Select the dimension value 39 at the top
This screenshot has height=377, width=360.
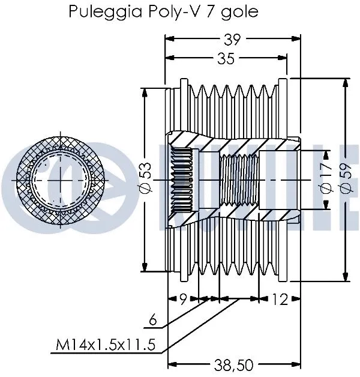coord(232,40)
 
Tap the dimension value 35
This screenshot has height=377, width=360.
coord(226,58)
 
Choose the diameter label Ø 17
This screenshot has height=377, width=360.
coord(326,181)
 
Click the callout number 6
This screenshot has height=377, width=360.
coord(154,321)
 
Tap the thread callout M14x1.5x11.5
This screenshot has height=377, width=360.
coord(107,345)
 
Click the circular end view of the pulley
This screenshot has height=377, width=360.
coord(59,181)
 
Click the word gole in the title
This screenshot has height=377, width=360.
coord(239,12)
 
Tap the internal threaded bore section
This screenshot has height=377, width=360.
coord(238,181)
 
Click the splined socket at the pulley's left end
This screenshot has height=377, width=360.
coord(182,181)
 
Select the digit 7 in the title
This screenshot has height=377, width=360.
coord(210,12)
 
